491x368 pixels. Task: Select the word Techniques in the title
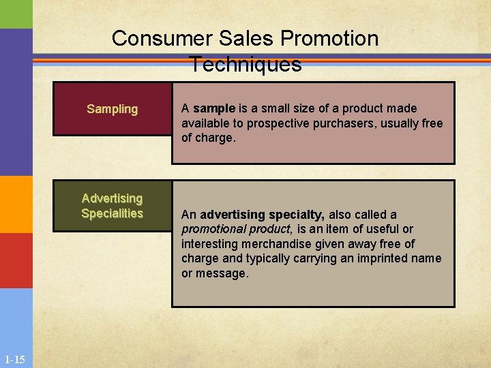[245, 64]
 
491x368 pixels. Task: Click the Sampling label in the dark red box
[113, 109]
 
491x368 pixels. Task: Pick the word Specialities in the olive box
[113, 213]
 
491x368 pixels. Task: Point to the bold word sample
[213, 108]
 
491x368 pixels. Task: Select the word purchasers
[327, 123]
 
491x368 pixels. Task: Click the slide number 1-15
[14, 359]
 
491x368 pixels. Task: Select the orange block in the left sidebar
[16, 204]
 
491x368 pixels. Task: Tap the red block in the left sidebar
[16, 260]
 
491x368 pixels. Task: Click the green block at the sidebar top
[16, 14]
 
